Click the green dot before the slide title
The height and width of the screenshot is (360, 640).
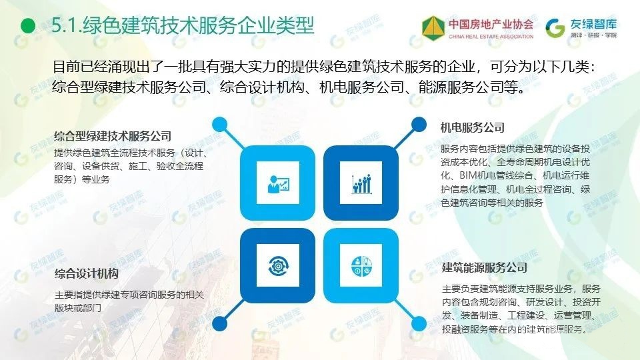click(x=28, y=26)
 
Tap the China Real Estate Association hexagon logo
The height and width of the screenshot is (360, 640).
click(x=433, y=28)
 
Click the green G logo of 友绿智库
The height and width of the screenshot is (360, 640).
click(x=555, y=28)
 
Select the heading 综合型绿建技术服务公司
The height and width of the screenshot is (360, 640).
click(x=113, y=136)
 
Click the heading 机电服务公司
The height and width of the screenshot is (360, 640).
click(x=473, y=128)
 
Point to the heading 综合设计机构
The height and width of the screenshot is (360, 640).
click(x=87, y=273)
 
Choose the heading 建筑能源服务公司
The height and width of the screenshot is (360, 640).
click(x=485, y=268)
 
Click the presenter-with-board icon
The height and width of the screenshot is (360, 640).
click(x=277, y=183)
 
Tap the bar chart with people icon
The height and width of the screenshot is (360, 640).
click(x=361, y=184)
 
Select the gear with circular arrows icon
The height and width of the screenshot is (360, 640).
click(x=279, y=266)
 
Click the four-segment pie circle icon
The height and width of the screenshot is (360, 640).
click(x=361, y=266)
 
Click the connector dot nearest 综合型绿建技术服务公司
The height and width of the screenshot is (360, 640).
click(x=219, y=124)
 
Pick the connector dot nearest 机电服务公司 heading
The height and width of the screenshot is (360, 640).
click(x=419, y=124)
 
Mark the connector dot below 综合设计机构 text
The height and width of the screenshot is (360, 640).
click(x=219, y=324)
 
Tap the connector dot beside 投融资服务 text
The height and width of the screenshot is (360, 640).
click(x=419, y=324)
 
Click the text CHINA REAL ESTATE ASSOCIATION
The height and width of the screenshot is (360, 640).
click(x=491, y=36)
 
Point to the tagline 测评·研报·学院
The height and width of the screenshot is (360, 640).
click(x=594, y=35)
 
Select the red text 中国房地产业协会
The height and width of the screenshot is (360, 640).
click(x=491, y=24)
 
